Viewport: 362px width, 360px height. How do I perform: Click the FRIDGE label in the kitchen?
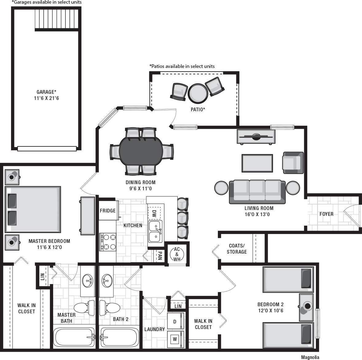[108, 211]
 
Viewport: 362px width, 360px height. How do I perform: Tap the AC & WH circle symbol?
[177, 254]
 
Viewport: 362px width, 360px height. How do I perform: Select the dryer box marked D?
[175, 322]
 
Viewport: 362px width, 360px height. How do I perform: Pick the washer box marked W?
[175, 339]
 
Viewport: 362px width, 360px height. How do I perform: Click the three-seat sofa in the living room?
[257, 191]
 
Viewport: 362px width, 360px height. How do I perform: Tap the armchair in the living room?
[293, 163]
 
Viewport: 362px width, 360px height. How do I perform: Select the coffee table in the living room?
[257, 163]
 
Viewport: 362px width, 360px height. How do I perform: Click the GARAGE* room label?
[46, 92]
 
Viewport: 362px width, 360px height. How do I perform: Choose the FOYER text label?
[326, 214]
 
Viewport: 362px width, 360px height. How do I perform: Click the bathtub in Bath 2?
[120, 338]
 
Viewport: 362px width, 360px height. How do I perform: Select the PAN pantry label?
[160, 256]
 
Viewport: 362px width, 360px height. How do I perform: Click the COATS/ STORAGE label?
[237, 249]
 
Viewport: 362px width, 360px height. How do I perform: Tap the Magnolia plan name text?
[310, 357]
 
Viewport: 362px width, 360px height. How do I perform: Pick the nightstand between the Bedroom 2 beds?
[306, 307]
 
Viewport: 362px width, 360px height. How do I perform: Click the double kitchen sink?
[155, 231]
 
